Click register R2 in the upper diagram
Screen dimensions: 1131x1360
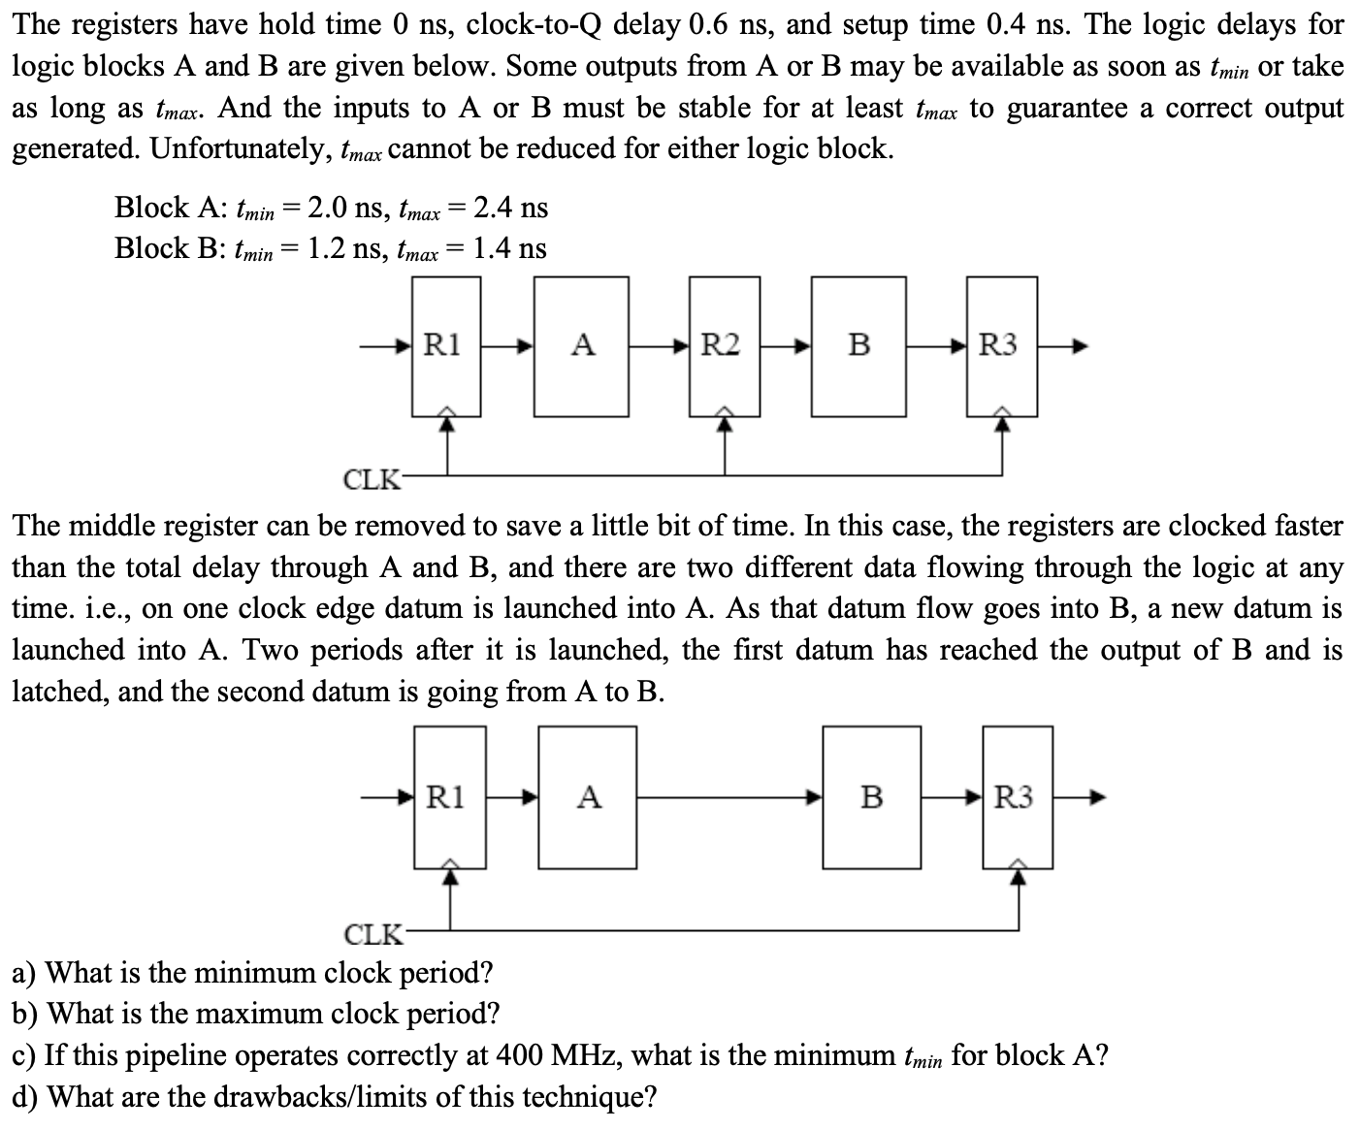(x=723, y=345)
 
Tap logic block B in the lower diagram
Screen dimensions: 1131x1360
(x=871, y=797)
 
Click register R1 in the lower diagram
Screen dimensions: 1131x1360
(x=447, y=797)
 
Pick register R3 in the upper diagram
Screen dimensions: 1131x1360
(x=1000, y=345)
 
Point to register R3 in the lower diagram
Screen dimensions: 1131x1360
(x=1015, y=797)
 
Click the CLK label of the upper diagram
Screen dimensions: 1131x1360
(x=370, y=479)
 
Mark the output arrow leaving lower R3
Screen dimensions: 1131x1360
(x=1080, y=798)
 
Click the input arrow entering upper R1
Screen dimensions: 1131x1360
(x=388, y=345)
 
